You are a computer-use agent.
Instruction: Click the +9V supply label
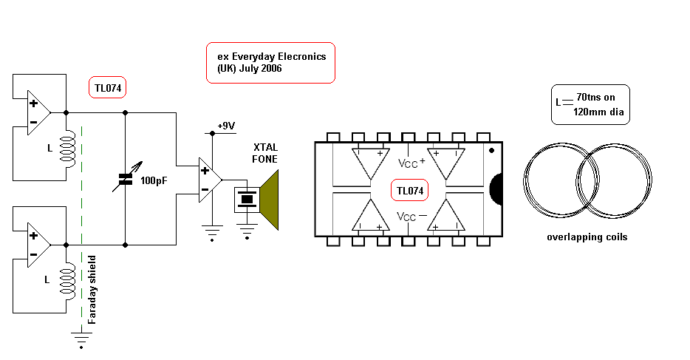point(225,126)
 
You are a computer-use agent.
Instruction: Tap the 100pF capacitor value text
point(154,180)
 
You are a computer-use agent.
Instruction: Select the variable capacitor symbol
point(125,178)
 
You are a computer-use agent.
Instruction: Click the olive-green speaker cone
point(270,198)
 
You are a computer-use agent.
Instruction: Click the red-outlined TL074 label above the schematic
point(108,89)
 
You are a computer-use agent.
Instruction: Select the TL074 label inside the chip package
point(410,191)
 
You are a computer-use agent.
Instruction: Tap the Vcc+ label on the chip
point(411,163)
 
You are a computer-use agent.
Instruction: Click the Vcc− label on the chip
point(411,217)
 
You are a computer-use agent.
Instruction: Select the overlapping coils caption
point(587,237)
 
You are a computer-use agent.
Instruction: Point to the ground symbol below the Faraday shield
point(81,339)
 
